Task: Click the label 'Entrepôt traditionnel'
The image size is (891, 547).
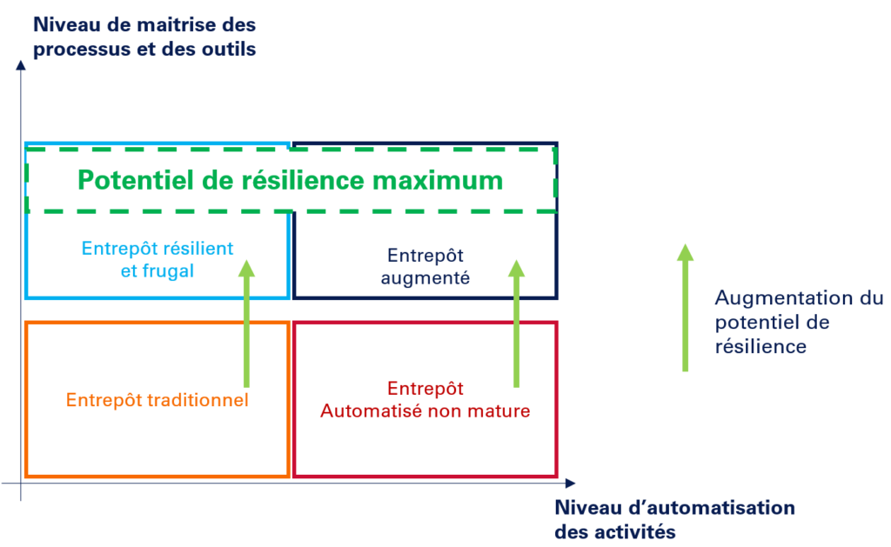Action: click(x=157, y=401)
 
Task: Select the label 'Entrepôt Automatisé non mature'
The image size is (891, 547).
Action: click(x=425, y=400)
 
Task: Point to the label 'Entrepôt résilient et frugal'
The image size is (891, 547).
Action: click(x=157, y=259)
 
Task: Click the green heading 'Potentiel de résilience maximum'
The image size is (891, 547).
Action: click(x=291, y=180)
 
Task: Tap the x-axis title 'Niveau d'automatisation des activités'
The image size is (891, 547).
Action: click(x=674, y=518)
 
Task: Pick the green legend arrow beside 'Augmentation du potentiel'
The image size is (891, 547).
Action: click(x=685, y=308)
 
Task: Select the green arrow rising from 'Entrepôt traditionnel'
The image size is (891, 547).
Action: click(x=246, y=322)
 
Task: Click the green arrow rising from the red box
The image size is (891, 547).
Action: click(x=516, y=322)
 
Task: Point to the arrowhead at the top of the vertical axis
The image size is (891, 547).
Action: click(x=20, y=65)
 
